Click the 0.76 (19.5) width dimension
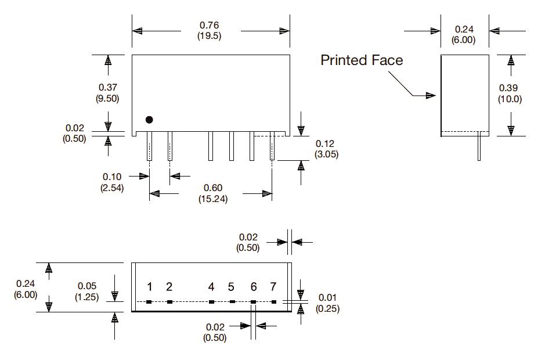pos(210,30)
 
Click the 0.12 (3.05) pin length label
pos(326,149)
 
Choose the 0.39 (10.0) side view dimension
pos(510,93)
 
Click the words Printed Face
pos(362,60)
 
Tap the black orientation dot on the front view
pos(149,120)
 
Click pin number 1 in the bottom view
pos(149,287)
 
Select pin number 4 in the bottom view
pos(211,287)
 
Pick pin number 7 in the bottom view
pos(273,287)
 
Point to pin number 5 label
pos(231,287)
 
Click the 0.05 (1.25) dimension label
pos(86,291)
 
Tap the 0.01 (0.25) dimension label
pos(327,303)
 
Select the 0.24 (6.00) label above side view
pos(464,34)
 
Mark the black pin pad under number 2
pos(169,302)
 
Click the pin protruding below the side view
pos(479,148)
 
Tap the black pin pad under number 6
pos(253,302)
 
